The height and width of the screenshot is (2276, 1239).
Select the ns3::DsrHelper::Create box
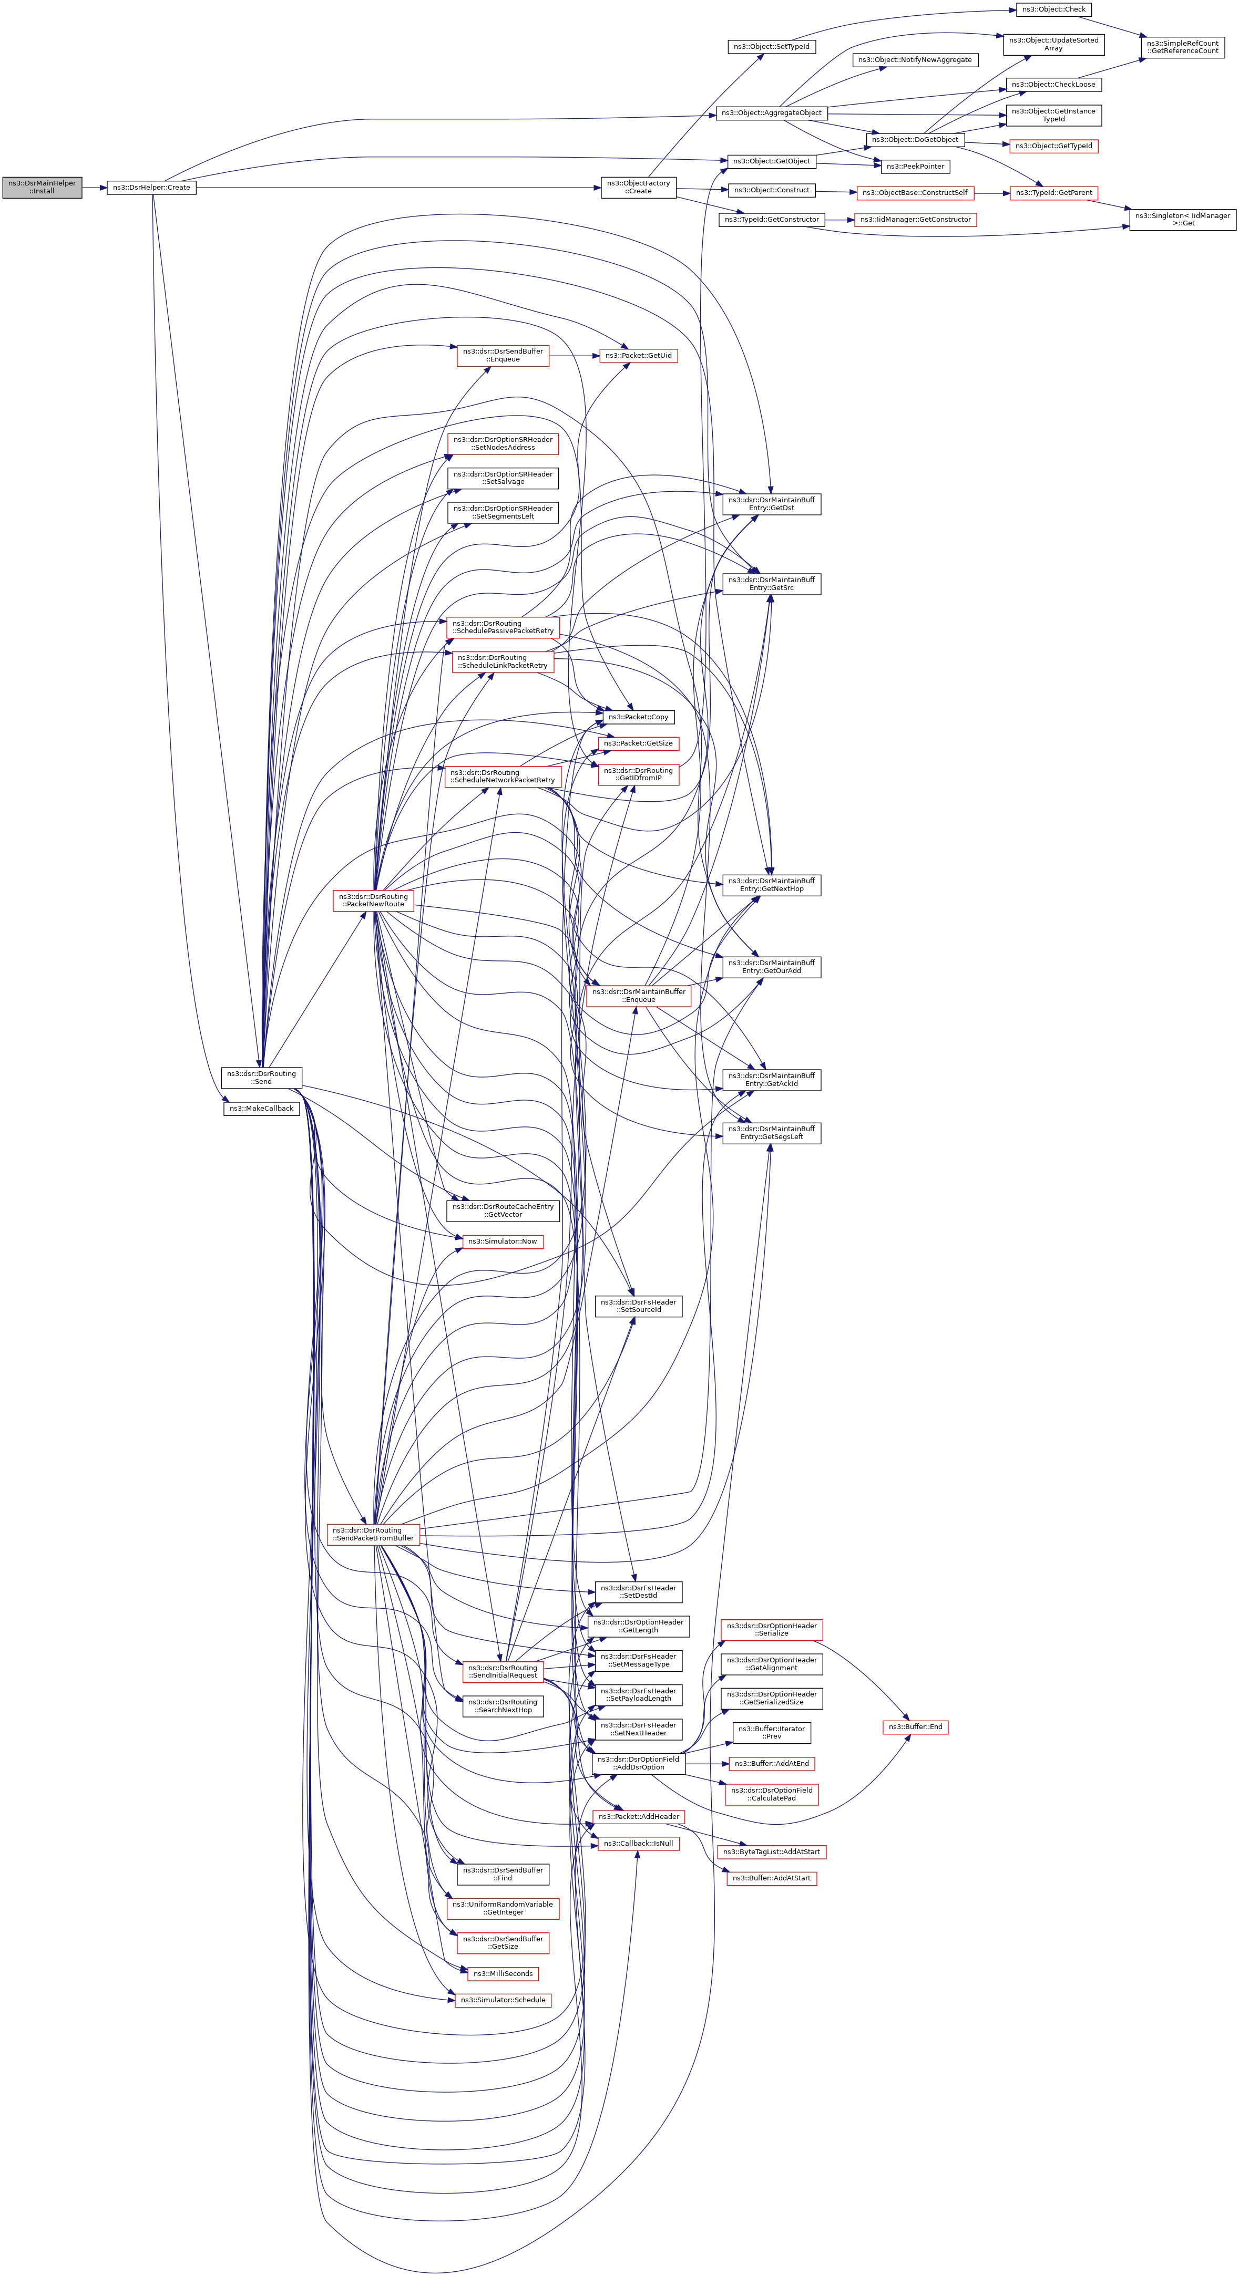151,188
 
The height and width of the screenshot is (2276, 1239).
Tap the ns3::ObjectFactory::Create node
638,188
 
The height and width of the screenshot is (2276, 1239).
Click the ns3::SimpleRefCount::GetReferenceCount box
1182,47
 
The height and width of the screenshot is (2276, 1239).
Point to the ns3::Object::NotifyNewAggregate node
915,60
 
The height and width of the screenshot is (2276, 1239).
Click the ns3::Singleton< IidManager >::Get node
1182,219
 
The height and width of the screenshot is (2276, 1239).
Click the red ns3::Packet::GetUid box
638,355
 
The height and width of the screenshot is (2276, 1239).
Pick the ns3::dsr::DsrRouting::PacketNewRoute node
373,901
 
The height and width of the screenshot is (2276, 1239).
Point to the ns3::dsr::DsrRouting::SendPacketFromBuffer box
373,1534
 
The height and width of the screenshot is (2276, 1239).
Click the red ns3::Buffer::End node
915,1726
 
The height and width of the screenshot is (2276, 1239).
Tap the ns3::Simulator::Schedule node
503,2000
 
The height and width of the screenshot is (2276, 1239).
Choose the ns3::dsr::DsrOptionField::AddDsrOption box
638,1763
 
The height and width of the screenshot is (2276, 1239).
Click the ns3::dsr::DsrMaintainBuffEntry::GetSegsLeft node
772,1133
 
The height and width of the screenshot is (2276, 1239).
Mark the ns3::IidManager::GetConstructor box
915,219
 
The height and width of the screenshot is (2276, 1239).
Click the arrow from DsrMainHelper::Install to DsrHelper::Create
95,188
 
